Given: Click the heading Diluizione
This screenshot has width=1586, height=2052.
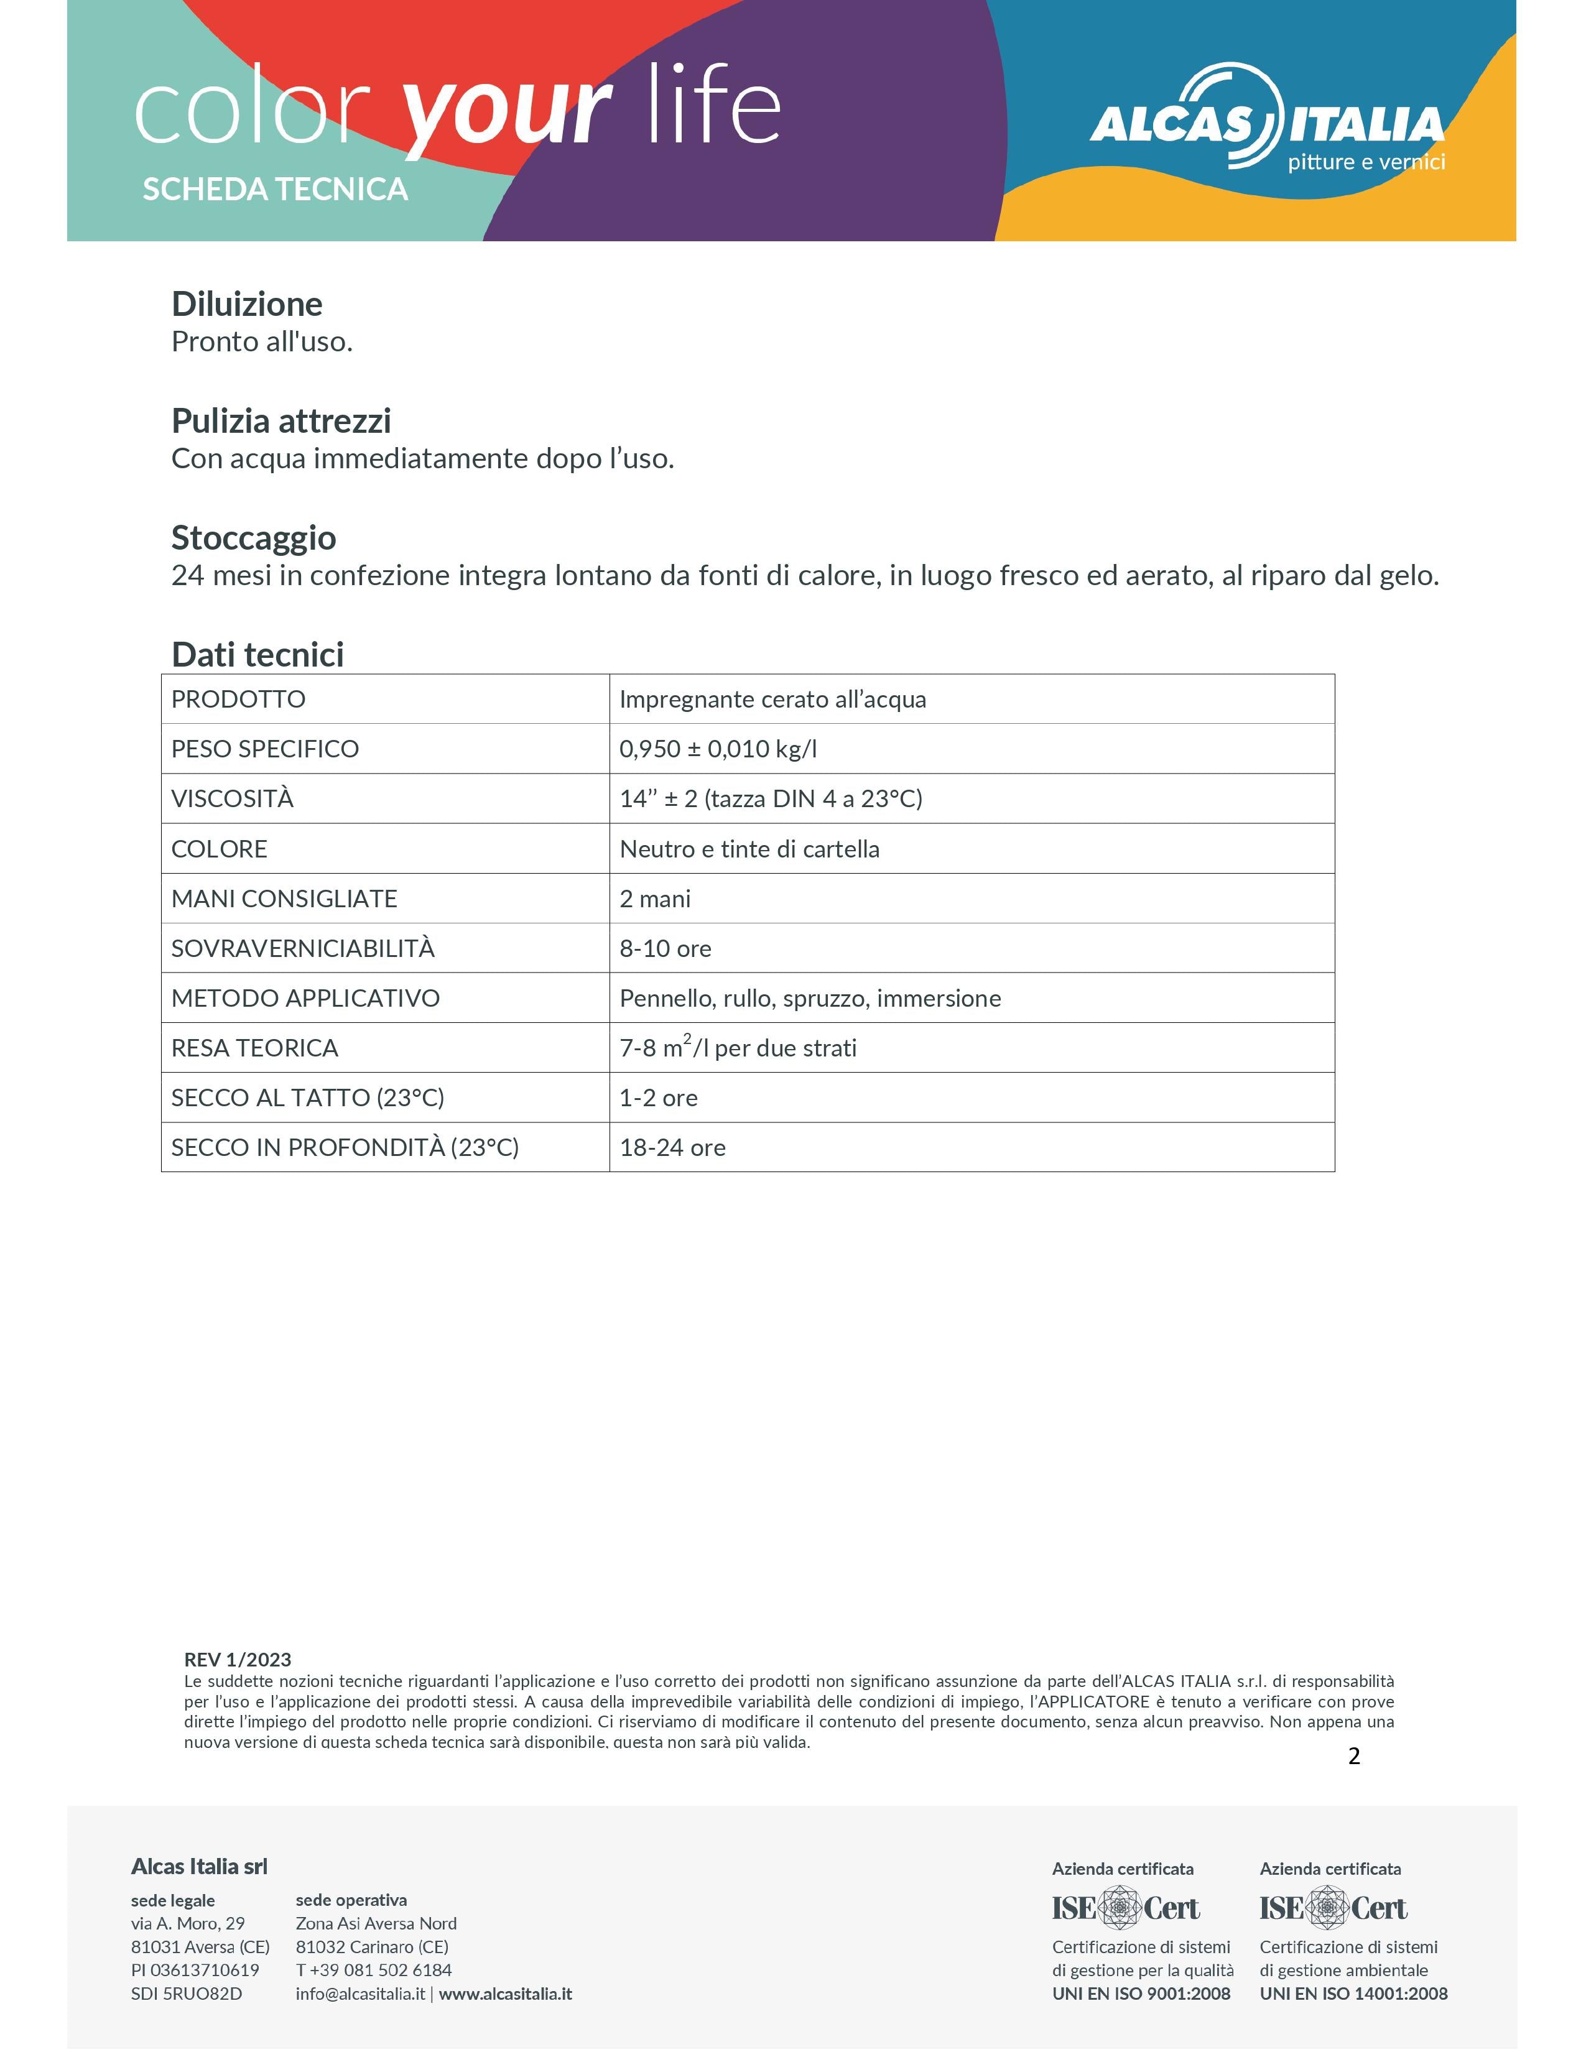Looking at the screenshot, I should (246, 305).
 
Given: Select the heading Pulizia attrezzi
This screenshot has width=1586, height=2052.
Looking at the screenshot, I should (281, 421).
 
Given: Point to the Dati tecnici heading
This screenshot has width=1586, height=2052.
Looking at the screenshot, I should (257, 655).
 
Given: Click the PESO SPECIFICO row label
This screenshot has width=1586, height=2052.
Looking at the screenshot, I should (265, 749).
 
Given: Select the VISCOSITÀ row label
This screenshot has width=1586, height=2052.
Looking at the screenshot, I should (232, 798).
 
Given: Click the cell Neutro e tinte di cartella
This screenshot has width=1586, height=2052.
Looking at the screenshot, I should (749, 849).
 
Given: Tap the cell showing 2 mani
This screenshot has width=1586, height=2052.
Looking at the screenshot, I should (655, 899).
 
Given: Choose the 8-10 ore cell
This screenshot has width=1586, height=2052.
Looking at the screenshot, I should (665, 949).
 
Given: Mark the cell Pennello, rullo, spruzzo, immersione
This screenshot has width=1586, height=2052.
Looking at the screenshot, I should (810, 999).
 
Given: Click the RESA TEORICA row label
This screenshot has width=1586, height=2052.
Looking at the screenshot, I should (254, 1048).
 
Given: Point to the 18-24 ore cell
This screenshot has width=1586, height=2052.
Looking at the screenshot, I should (673, 1148).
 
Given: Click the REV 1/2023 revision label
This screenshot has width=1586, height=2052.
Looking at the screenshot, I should (238, 1660).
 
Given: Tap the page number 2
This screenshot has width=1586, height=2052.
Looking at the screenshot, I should (1354, 1757).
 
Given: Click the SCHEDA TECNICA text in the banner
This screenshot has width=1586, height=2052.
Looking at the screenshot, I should (276, 190).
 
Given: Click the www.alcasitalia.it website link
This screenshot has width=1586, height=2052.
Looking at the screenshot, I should (506, 1994).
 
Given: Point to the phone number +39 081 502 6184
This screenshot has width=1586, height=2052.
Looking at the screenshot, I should (381, 1971).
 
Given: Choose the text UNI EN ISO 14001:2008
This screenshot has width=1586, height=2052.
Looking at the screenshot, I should (1353, 1994).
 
